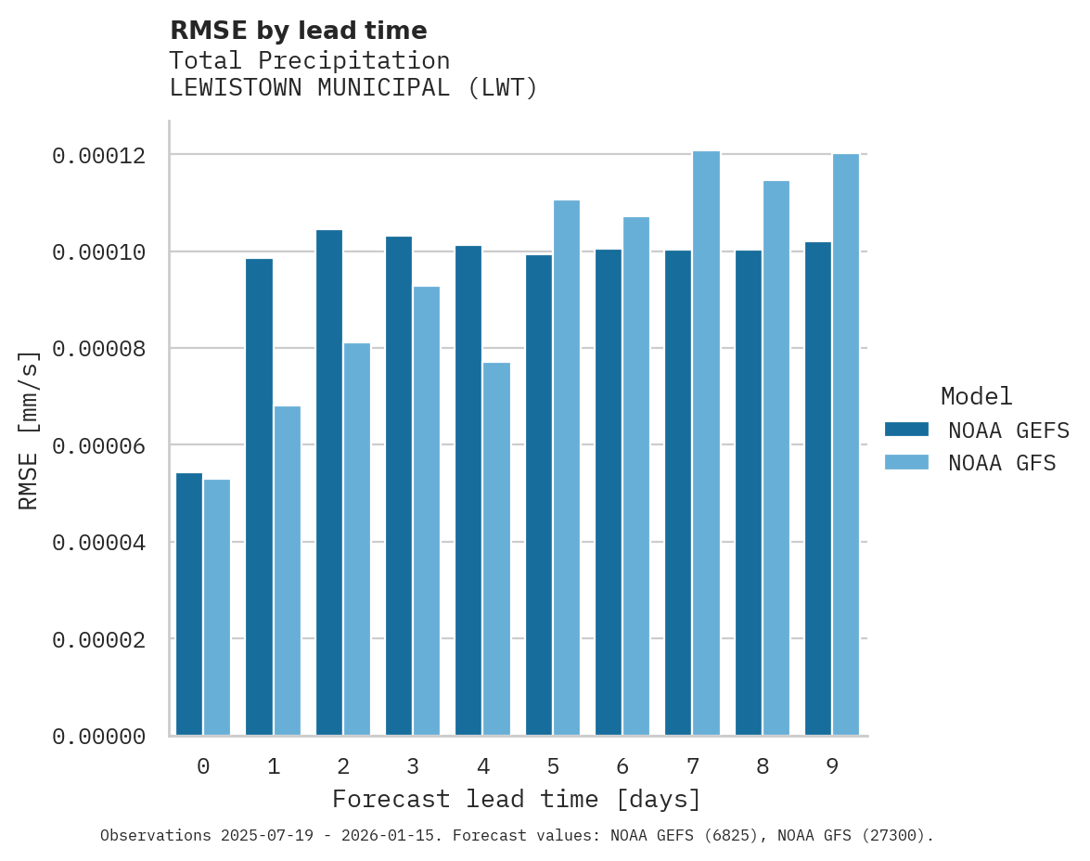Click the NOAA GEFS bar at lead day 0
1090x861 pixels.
[x=189, y=604]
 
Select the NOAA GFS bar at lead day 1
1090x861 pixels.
[x=288, y=571]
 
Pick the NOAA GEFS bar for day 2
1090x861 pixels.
[x=329, y=482]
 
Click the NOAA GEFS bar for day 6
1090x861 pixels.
[x=609, y=493]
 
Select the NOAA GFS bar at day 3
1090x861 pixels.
[x=427, y=511]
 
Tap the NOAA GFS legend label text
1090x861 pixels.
[x=1002, y=463]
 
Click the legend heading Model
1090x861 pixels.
[x=976, y=396]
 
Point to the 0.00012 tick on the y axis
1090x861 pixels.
[x=99, y=155]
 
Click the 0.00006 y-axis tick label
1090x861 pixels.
[x=99, y=446]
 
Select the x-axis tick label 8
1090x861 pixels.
[x=763, y=767]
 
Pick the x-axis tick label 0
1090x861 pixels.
[x=203, y=767]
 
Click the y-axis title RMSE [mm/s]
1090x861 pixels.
[x=29, y=430]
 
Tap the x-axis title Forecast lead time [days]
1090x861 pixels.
[x=517, y=799]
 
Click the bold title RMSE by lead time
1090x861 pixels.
[x=299, y=31]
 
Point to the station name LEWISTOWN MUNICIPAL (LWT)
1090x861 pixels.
[x=353, y=89]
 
